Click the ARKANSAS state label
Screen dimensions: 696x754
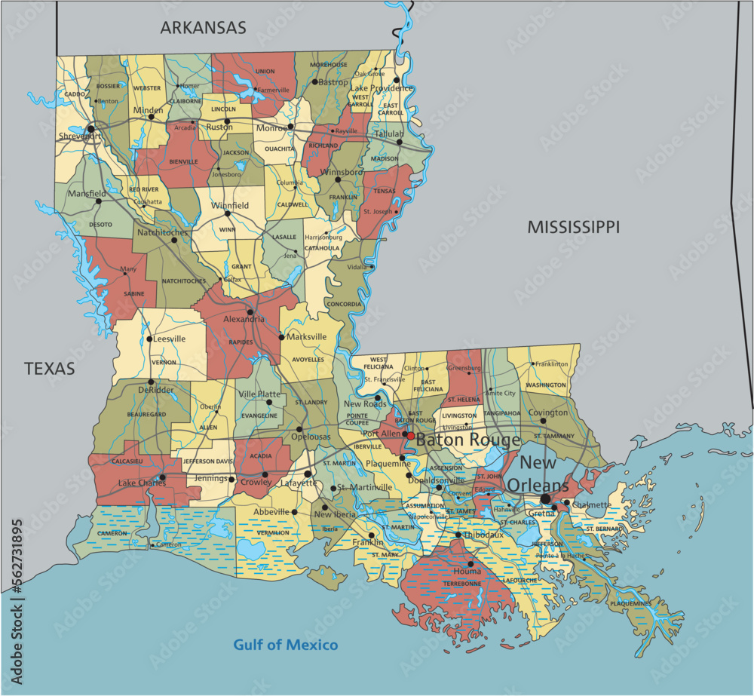[x=203, y=28]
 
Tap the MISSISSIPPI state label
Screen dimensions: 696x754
[x=573, y=226]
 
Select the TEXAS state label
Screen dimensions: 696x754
[x=50, y=369]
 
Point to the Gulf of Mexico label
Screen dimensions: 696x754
[x=285, y=645]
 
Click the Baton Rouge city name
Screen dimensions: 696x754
[x=467, y=440]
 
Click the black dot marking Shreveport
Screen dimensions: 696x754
[x=91, y=129]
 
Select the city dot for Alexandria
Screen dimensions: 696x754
[x=250, y=311]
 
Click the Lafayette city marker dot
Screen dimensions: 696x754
[x=308, y=474]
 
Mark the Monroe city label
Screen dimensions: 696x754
[x=271, y=128]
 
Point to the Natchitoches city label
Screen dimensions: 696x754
[x=161, y=232]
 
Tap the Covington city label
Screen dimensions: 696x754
[x=548, y=412]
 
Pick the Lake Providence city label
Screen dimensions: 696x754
[x=382, y=88]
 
